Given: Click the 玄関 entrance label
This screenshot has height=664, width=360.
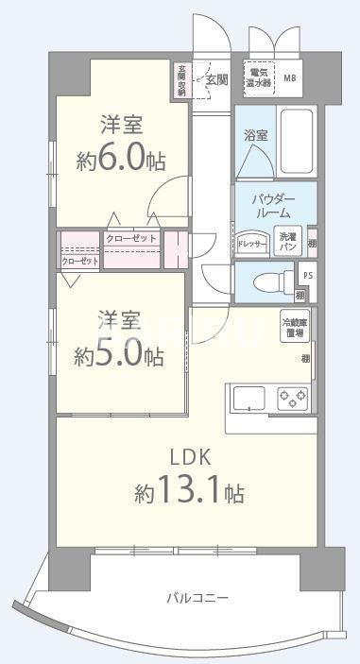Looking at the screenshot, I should click(x=216, y=80).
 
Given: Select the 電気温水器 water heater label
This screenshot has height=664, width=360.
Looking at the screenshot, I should click(x=257, y=76).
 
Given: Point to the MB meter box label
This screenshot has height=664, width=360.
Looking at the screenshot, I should click(x=289, y=77).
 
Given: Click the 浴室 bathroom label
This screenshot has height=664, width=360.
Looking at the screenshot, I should click(x=254, y=135).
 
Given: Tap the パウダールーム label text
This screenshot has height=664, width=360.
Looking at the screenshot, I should click(x=276, y=207).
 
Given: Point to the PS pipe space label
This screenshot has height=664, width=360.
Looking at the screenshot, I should click(x=305, y=274).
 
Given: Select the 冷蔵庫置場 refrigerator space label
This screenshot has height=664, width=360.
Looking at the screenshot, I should click(x=294, y=329).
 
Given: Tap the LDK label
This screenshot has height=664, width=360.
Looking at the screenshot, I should click(x=189, y=457).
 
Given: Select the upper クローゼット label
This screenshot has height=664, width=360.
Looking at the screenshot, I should click(x=131, y=239).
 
